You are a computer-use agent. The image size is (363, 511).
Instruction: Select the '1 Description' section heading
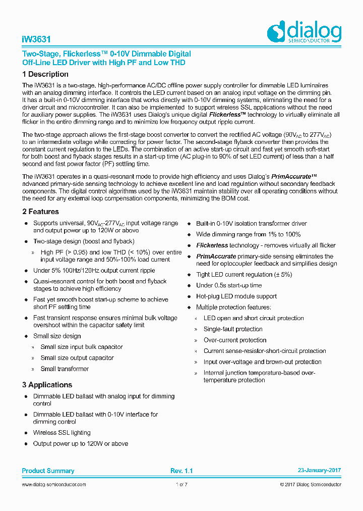click(45, 74)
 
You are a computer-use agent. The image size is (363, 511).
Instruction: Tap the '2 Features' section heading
click(40, 212)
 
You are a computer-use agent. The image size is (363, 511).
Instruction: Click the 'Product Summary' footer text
click(48, 471)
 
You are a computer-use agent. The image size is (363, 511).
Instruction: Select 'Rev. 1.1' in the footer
click(181, 471)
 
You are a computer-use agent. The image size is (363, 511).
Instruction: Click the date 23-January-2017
click(319, 471)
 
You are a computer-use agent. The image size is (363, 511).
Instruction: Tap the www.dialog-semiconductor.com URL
click(54, 485)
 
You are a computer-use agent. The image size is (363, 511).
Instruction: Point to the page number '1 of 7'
click(181, 485)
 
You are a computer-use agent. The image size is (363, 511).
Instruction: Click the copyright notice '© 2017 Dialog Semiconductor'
click(310, 485)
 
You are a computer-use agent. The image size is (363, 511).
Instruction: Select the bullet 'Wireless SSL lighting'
click(62, 433)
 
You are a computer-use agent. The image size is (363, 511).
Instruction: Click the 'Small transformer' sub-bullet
click(65, 369)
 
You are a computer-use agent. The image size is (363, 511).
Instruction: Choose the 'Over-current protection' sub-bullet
click(234, 340)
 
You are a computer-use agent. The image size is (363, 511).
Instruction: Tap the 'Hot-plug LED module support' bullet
click(236, 296)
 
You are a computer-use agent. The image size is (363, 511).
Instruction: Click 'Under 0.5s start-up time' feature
click(229, 286)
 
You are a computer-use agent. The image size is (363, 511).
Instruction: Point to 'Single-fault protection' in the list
click(233, 329)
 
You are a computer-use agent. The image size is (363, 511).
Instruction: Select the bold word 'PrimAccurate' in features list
click(216, 257)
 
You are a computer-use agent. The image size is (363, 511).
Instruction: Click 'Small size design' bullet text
click(57, 336)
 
